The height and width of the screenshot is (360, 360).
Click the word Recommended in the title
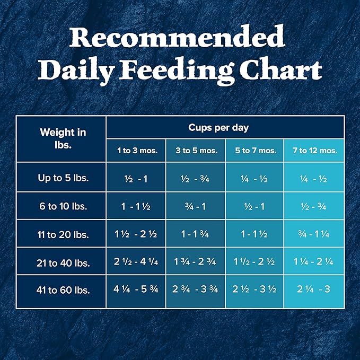pos(177,39)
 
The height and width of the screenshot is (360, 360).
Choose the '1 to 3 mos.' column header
pos(137,151)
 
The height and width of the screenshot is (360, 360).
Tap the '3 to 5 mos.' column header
pos(196,151)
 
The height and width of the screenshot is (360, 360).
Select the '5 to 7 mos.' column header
pos(256,151)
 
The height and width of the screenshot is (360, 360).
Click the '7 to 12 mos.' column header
pos(314,151)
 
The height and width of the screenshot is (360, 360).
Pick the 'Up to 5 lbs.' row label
pos(63,178)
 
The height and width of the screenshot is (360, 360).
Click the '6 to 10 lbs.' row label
pos(63,206)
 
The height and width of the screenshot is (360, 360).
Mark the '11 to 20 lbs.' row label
pos(63,234)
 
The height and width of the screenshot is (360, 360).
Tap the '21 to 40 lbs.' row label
pos(63,262)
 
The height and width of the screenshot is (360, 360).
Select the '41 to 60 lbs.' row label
pos(63,291)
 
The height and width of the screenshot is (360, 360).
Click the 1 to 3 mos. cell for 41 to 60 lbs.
pos(137,291)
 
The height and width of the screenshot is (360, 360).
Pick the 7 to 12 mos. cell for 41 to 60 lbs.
pos(314,291)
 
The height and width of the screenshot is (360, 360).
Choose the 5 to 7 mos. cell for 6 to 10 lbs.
pos(256,206)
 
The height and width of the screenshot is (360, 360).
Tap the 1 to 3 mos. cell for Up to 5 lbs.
pos(137,179)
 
